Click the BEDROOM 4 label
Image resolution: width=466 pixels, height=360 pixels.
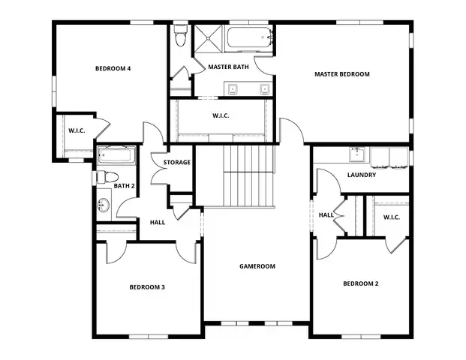coord(113,69)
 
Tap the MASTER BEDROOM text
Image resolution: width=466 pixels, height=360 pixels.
coord(341,73)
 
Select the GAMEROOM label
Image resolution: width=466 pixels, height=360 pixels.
coord(257,266)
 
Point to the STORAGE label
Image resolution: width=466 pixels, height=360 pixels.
coord(177,162)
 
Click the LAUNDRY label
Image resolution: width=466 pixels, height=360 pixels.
coord(361,175)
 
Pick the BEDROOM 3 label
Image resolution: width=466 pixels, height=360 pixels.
coord(147,287)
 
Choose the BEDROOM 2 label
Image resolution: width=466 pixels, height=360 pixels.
coord(361,283)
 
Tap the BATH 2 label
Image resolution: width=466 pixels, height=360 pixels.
coord(124,186)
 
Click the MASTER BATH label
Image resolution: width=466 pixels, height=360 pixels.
coord(228,67)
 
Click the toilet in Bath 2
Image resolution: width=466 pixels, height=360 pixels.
coord(104,178)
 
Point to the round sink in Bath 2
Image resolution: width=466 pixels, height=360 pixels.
coord(104,203)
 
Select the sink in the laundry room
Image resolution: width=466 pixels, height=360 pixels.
coord(357,156)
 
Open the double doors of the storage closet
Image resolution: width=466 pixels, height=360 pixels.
coord(159,172)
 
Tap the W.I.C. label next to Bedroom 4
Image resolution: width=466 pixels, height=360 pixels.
coord(77,131)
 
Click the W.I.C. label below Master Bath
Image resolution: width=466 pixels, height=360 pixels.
coord(221,115)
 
